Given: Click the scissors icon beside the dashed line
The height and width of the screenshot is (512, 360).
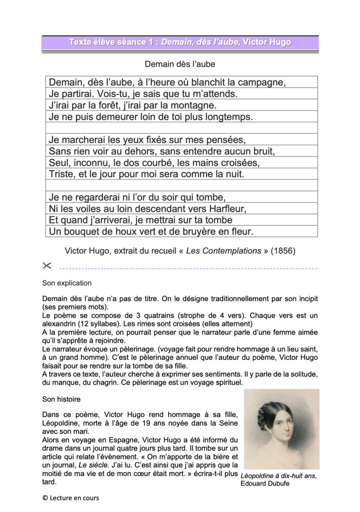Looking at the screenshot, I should click(x=46, y=266).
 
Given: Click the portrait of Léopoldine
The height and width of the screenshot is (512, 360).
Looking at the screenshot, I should click(x=281, y=428).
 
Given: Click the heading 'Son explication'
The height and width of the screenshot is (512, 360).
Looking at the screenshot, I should click(x=67, y=283).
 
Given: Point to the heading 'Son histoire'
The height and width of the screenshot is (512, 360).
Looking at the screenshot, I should click(x=61, y=400).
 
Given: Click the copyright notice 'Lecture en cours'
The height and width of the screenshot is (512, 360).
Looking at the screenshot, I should click(x=71, y=498).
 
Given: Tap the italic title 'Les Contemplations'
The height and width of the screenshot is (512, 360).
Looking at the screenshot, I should click(x=224, y=251).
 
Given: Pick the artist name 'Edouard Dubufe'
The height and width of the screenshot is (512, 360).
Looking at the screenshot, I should click(x=264, y=483).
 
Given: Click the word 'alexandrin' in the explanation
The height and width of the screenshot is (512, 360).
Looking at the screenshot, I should click(x=59, y=324).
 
